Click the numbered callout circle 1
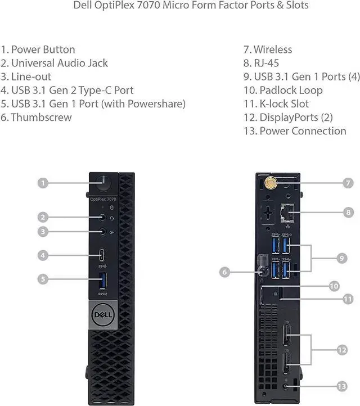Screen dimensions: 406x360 43,183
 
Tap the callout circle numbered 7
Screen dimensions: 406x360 348,183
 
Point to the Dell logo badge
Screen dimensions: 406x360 102,311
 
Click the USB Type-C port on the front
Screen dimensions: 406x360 102,255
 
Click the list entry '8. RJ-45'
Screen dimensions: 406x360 261,63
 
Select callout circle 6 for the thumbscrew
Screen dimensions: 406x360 224,272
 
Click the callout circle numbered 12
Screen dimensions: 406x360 342,350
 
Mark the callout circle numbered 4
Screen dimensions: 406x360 43,255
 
